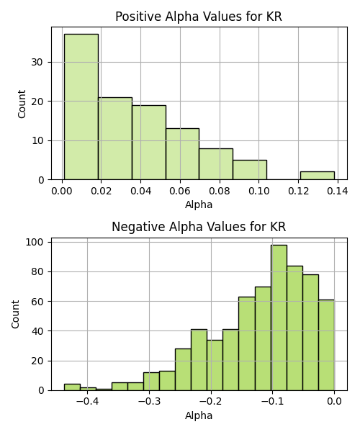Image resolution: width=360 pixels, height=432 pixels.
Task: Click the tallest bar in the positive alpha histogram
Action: point(81,107)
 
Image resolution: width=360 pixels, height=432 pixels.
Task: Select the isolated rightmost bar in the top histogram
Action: point(318,176)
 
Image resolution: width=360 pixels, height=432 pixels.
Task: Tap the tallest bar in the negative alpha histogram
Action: point(279,318)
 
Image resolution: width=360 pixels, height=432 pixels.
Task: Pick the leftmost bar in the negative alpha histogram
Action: point(73,387)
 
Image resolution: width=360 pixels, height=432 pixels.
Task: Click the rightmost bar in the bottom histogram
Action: point(326,345)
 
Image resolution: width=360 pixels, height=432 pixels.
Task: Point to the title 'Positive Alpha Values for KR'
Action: point(199,17)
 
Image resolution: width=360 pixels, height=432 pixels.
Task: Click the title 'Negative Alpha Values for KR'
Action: point(199,227)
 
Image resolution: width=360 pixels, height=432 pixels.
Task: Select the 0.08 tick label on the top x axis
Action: point(220,191)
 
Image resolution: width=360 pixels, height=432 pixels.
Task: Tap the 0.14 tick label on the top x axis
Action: point(338,191)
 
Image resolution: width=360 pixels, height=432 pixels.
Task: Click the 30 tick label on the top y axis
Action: point(37,62)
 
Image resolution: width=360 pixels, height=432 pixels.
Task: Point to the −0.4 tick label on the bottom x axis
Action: point(87,402)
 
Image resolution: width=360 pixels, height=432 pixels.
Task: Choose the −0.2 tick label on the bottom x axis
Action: point(211,402)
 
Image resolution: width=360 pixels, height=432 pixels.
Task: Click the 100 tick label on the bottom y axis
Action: point(35,242)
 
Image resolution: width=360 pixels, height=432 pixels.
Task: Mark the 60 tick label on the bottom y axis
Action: point(37,302)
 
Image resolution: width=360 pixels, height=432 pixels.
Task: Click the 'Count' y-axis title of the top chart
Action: point(22,104)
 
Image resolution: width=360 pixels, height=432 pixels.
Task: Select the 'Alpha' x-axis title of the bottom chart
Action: point(199,415)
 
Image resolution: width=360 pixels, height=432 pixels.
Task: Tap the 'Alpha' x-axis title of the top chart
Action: point(199,204)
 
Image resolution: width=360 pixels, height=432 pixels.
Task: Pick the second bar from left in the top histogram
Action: point(115,138)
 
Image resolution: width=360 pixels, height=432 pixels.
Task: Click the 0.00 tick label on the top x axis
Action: point(62,191)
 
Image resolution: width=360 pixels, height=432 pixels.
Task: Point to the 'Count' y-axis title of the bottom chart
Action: point(15,315)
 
